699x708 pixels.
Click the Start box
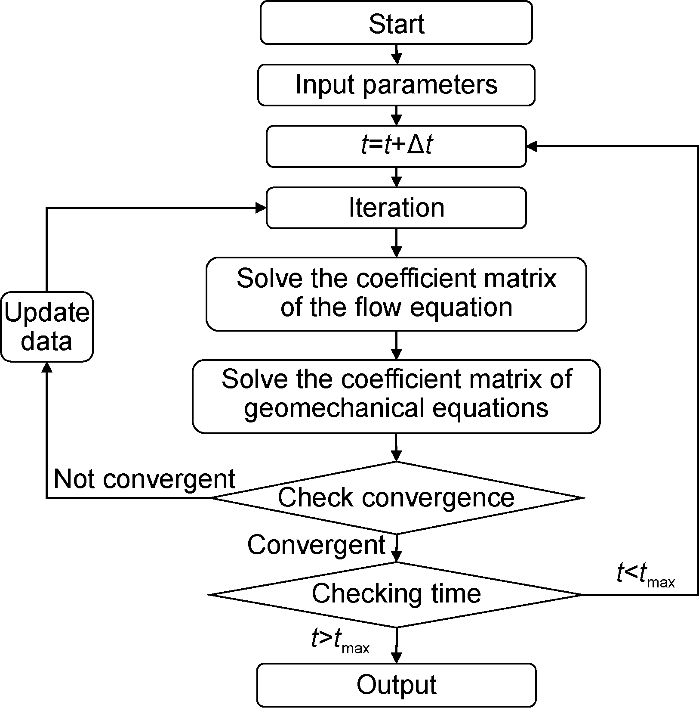click(x=396, y=23)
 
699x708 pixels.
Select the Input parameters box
click(x=396, y=85)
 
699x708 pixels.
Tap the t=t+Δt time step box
click(x=396, y=146)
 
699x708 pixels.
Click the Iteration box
click(x=396, y=208)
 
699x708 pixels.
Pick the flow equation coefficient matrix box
click(x=396, y=294)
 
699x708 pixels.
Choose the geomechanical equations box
click(x=396, y=396)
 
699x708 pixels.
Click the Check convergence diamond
click(x=396, y=497)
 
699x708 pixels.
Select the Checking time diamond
click(x=396, y=594)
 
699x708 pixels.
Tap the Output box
click(x=396, y=685)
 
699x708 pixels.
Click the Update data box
click(x=46, y=326)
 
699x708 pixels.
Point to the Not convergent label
click(x=145, y=478)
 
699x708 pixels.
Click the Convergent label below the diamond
click(x=316, y=545)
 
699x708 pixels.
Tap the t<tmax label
click(x=645, y=575)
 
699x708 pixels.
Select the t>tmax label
click(x=340, y=642)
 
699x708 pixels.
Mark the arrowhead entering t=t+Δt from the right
click(x=532, y=146)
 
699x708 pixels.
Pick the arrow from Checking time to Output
click(x=396, y=646)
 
